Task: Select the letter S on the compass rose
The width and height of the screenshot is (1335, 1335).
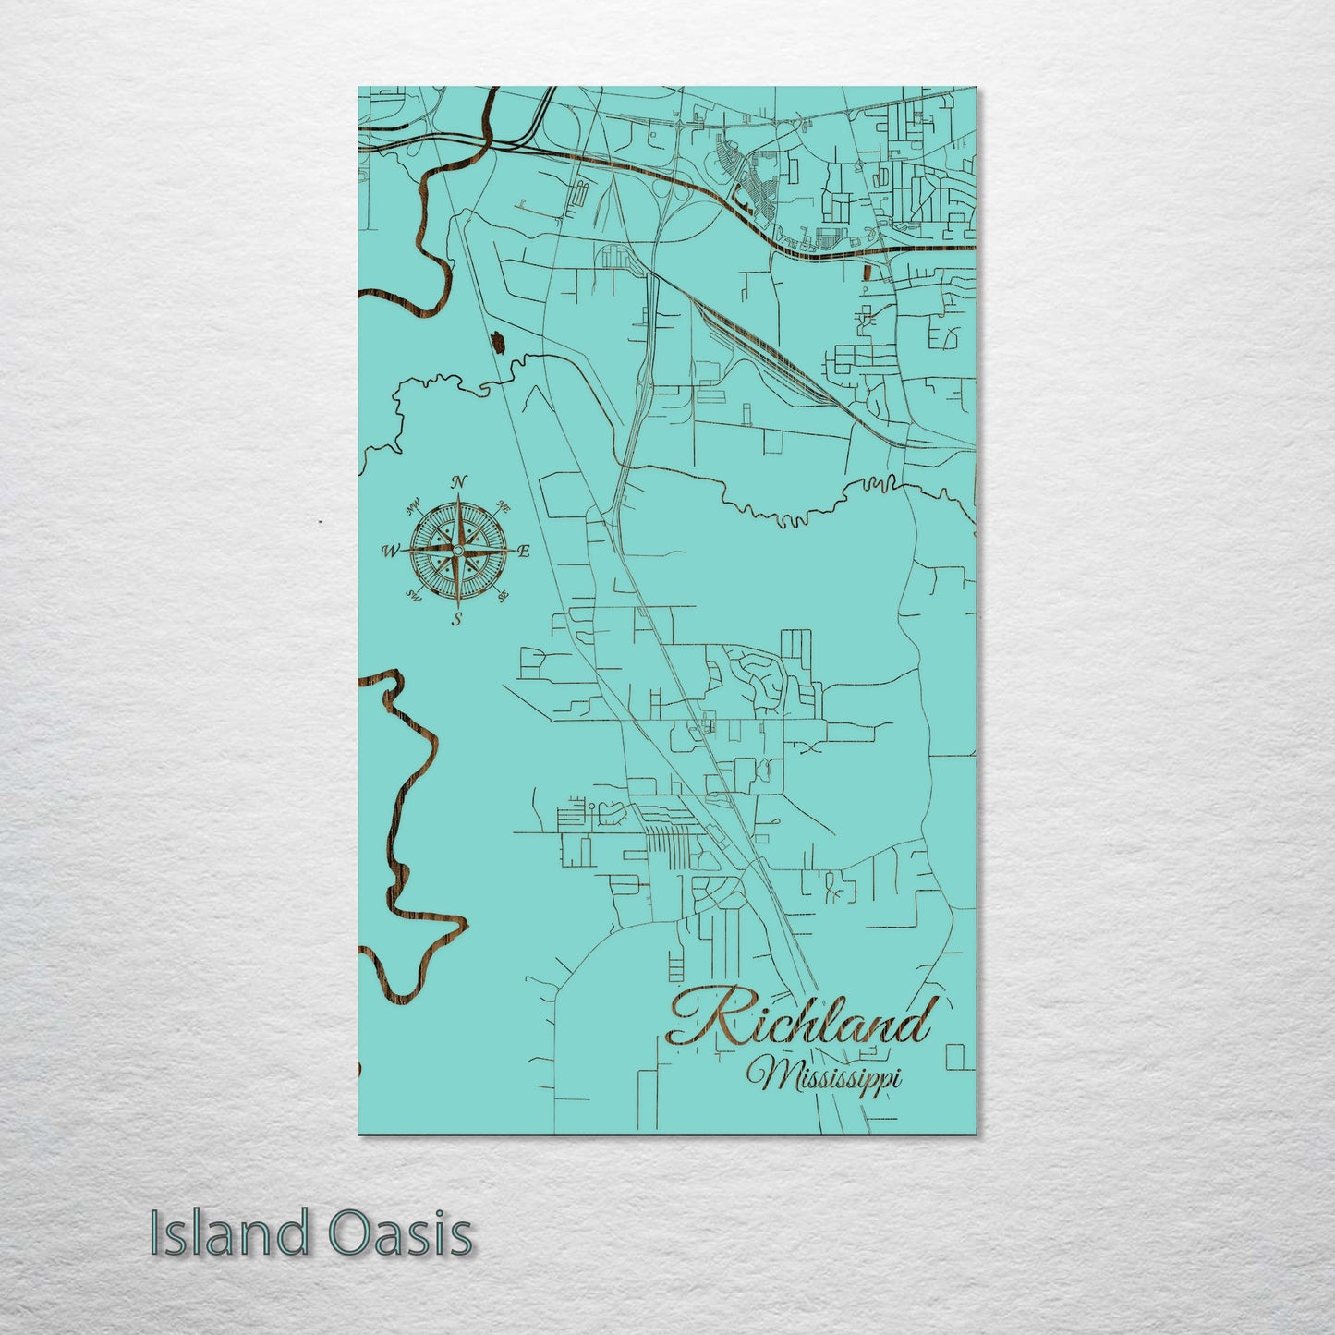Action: pos(456,621)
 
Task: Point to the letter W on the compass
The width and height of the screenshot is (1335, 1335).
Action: pos(389,552)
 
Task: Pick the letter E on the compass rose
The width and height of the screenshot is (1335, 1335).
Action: pos(524,552)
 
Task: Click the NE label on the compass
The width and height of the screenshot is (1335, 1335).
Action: pos(504,506)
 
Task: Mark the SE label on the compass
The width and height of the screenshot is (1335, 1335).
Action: pos(503,597)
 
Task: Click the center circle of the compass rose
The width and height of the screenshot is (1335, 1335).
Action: pos(456,552)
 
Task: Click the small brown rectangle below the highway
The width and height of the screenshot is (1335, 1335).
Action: pos(868,272)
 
